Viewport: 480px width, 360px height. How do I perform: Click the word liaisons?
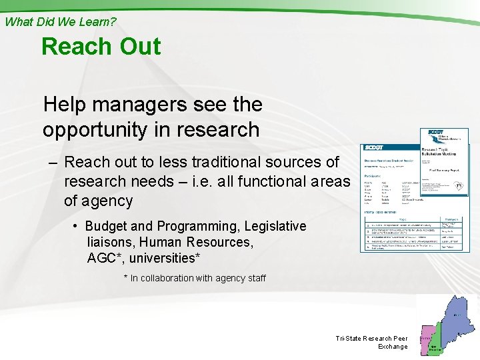click(x=111, y=242)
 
